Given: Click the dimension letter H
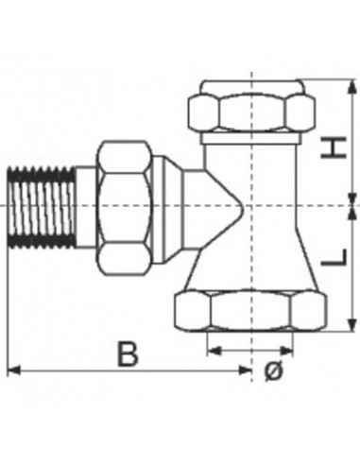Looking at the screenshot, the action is coord(334,147).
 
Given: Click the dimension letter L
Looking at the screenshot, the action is coord(334,257).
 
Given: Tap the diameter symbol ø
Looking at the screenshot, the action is coord(274,370).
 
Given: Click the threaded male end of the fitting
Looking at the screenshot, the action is coord(42,207).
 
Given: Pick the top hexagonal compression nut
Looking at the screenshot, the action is coord(251,112).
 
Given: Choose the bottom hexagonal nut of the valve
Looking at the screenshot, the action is coord(249,311).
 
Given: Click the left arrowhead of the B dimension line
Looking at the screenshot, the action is coord(13,370).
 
